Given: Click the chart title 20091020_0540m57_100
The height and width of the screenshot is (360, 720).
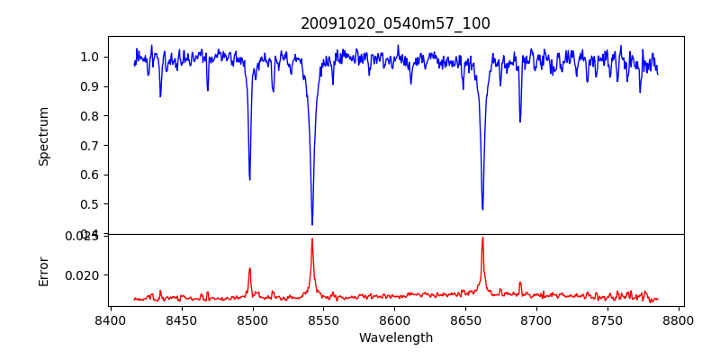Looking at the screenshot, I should click(x=395, y=23).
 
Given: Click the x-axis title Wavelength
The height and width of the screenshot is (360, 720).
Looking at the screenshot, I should click(x=395, y=338).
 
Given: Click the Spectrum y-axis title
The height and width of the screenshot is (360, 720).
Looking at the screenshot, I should click(x=43, y=136).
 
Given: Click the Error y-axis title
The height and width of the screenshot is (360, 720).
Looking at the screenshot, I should click(x=43, y=270).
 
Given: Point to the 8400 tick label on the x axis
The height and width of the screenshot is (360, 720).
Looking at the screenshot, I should click(x=110, y=319).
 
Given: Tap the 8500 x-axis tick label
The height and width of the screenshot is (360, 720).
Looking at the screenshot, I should click(x=252, y=319).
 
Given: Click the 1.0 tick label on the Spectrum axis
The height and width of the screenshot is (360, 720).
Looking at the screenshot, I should click(x=90, y=57).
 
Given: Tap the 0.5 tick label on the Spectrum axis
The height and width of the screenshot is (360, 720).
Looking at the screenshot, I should click(x=90, y=204).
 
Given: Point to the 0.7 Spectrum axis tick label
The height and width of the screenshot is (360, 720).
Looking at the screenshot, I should click(x=90, y=145).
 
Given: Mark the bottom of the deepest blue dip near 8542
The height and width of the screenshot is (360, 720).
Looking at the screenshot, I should click(x=312, y=224).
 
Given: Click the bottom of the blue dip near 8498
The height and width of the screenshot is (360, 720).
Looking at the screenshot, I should click(x=250, y=179).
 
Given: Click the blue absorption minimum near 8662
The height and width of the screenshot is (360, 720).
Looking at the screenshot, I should click(x=482, y=209).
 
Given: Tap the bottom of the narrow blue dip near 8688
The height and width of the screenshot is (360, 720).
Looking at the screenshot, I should click(x=520, y=121).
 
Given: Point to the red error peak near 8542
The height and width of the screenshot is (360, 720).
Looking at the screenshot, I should click(x=312, y=239).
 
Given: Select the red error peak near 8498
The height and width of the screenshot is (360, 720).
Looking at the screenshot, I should click(x=250, y=268).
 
